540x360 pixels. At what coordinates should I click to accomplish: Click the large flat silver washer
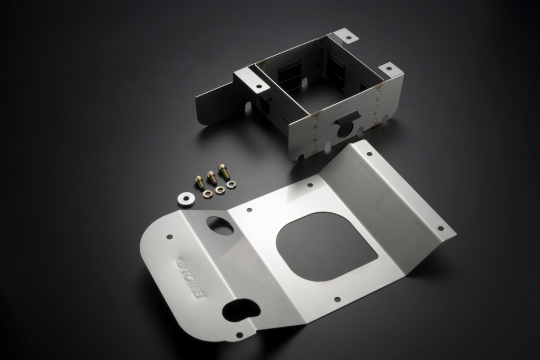185,200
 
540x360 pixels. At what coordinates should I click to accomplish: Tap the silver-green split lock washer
231,185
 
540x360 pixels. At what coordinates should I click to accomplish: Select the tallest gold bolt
223,171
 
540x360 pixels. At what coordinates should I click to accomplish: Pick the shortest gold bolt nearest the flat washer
199,181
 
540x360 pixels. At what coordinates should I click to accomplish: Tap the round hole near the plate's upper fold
220,226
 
